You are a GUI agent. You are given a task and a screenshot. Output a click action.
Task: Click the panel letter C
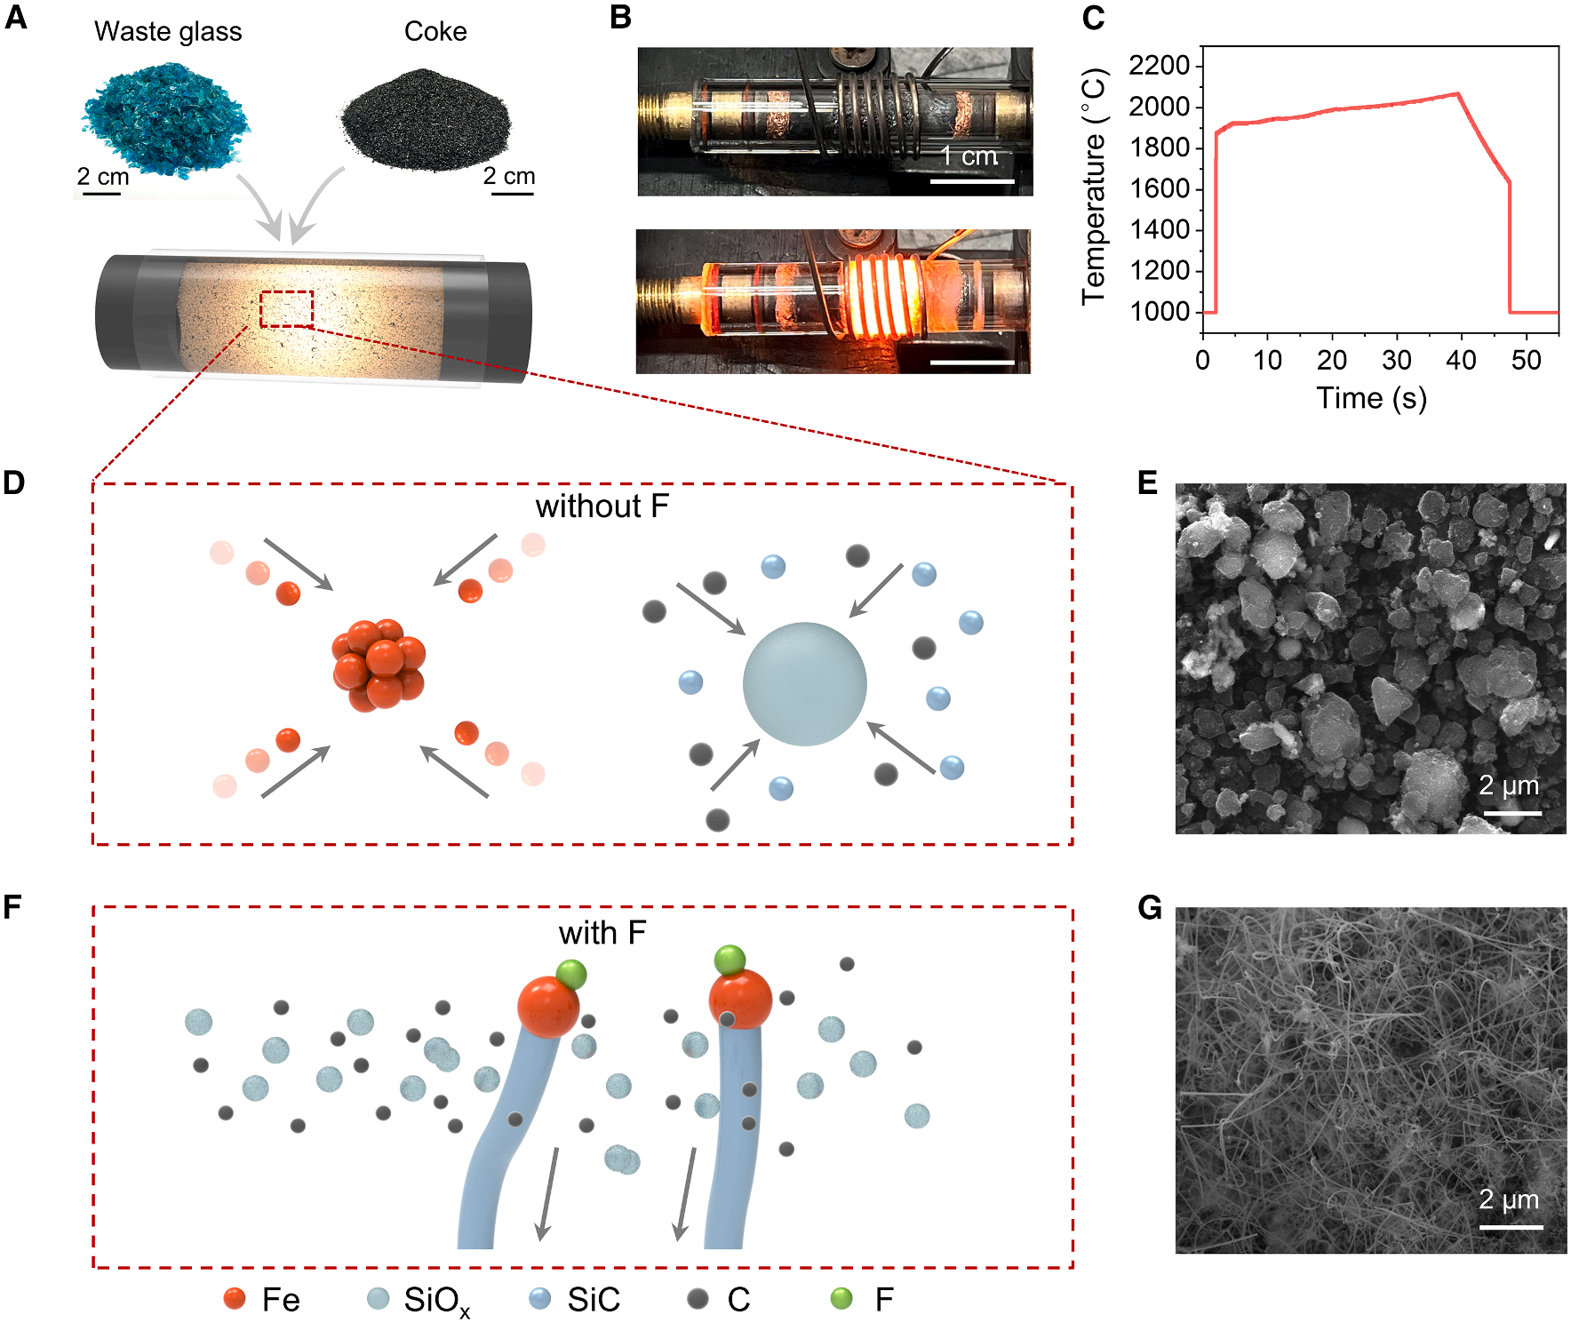[x=1093, y=18]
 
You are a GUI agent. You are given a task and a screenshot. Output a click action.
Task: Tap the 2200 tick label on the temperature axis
[x=1159, y=65]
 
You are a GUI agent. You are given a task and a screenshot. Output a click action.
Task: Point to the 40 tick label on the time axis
[x=1461, y=360]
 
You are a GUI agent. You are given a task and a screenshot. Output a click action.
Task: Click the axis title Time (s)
[x=1371, y=398]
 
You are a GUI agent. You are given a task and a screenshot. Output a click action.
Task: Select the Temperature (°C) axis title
[x=1094, y=187]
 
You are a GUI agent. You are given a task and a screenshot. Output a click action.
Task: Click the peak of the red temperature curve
[x=1457, y=93]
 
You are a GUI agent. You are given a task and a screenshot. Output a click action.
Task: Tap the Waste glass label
[x=168, y=32]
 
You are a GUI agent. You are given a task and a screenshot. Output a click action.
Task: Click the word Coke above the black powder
[x=435, y=32]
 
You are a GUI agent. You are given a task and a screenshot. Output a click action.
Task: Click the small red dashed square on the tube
[x=286, y=309]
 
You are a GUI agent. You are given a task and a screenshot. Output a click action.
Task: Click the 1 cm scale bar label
[x=969, y=156]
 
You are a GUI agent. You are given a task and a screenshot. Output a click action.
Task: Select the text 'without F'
[x=602, y=506]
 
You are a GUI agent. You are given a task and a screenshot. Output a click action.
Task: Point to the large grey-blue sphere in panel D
[x=804, y=684]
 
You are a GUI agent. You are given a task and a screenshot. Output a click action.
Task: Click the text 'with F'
[x=602, y=933]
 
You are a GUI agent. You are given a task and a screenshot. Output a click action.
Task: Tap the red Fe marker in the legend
[x=235, y=1299]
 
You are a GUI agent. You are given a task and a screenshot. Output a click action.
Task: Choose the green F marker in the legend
[x=841, y=1299]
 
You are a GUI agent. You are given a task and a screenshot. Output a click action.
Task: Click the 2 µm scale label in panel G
[x=1508, y=1199]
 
